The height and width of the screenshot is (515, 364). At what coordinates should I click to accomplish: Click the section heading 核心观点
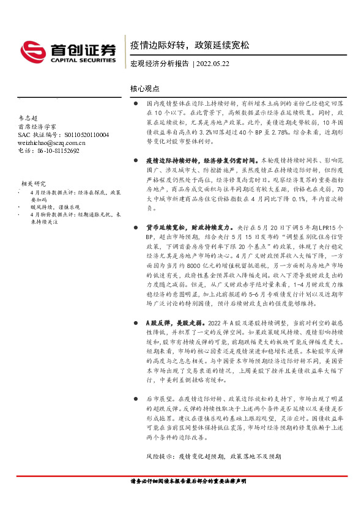point(145,88)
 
